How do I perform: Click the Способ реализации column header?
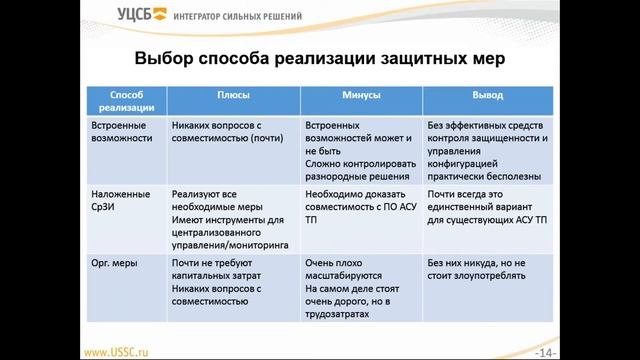[x=125, y=99]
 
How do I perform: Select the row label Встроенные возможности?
[x=120, y=132]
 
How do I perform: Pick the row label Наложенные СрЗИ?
[x=119, y=200]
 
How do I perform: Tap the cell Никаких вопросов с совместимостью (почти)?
[x=229, y=132]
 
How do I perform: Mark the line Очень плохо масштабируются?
[x=345, y=270]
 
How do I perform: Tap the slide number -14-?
[x=546, y=352]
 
